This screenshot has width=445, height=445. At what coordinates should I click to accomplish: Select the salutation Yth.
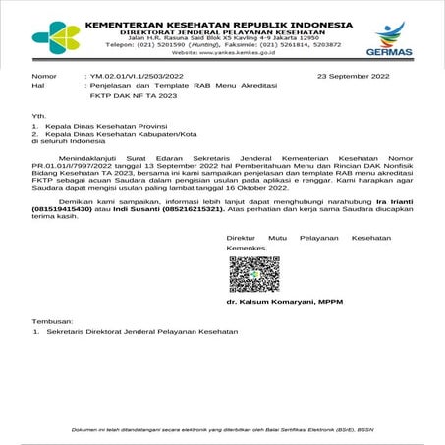pyautogui.click(x=39, y=116)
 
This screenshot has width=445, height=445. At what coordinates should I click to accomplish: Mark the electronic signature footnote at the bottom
pyautogui.click(x=222, y=428)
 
